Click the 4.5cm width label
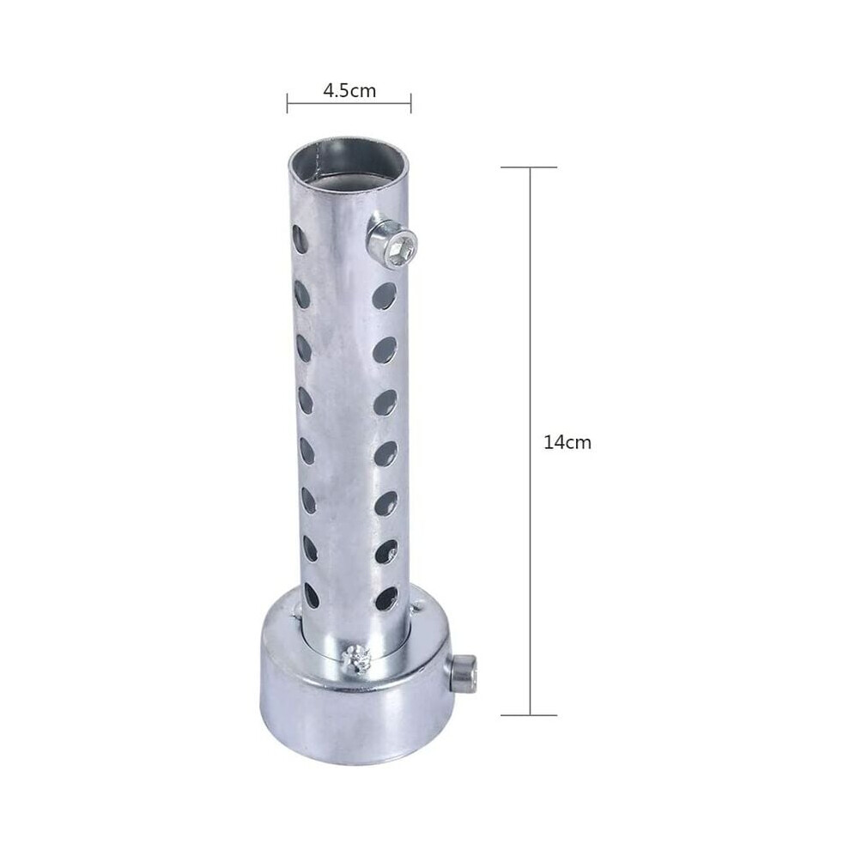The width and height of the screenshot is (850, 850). tap(349, 90)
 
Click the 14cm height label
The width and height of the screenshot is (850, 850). tap(567, 443)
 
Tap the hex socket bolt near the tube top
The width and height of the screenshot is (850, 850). tap(392, 242)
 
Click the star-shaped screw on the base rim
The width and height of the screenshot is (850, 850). tap(355, 658)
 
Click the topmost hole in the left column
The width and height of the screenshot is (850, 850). tap(301, 238)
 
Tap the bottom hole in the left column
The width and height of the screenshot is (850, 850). tap(312, 594)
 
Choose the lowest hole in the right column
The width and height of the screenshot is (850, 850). tap(386, 598)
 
